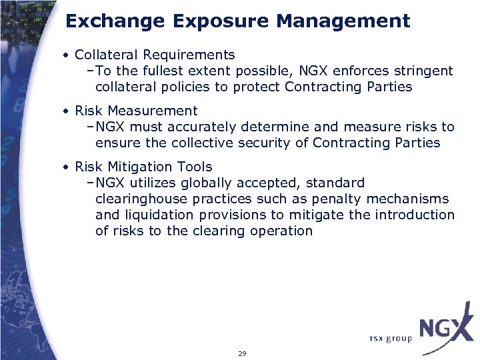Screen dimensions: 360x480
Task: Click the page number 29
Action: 242,353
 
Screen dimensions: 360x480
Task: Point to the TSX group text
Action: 390,339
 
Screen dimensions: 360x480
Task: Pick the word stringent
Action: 423,71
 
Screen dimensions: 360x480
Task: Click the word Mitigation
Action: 136,167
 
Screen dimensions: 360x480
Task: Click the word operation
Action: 281,231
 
